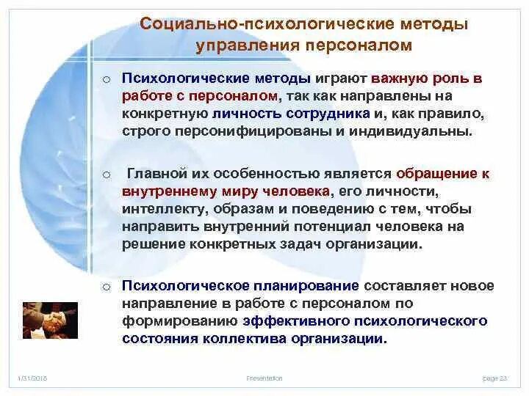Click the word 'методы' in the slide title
[x=434, y=25]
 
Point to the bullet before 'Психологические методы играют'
[x=107, y=79]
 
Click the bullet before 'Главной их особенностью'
[x=107, y=175]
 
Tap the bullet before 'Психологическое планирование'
[x=107, y=287]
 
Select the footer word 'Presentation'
[x=265, y=378]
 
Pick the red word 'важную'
[x=399, y=78]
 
